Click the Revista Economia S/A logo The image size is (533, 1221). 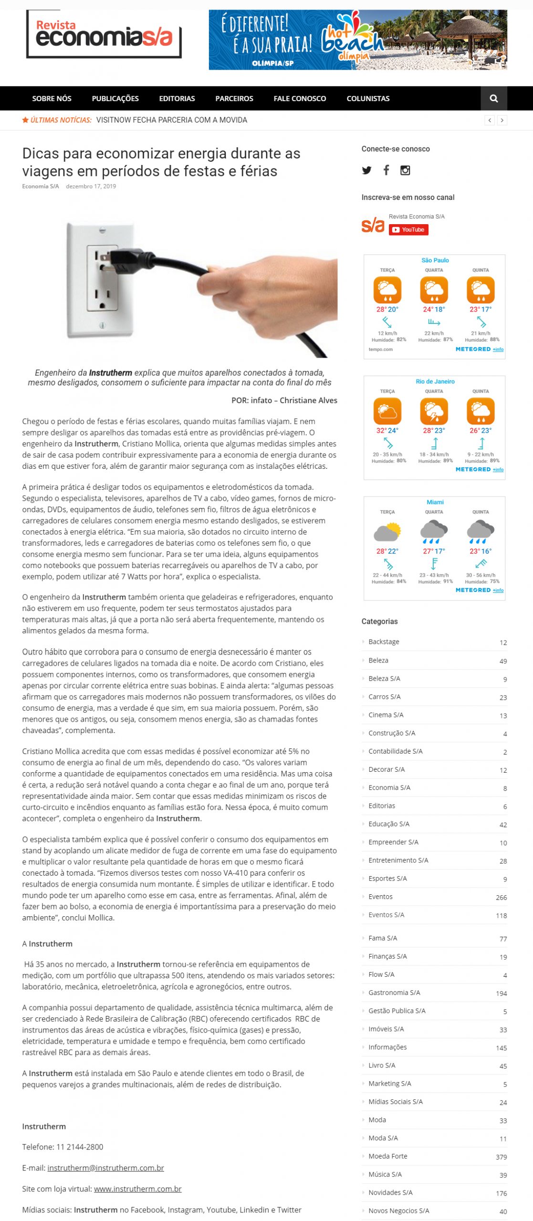click(104, 34)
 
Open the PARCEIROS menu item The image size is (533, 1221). click(234, 99)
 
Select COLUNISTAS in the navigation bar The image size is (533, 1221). click(368, 99)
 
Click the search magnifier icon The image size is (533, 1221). click(493, 99)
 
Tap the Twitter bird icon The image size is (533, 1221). click(366, 170)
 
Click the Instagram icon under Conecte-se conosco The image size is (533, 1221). click(405, 170)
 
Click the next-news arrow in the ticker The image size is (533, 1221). click(502, 120)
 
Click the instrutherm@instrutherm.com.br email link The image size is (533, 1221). click(105, 1168)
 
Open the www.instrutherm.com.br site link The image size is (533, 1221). click(137, 1189)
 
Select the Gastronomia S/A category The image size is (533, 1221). click(394, 993)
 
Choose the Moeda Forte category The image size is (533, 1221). click(387, 1156)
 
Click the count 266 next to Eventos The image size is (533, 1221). click(501, 898)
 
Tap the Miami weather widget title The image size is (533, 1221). click(435, 502)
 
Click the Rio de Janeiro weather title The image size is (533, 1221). click(435, 382)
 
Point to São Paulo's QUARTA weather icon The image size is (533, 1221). click(434, 290)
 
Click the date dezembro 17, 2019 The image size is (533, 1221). click(91, 186)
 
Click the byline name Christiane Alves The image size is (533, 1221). click(308, 400)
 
